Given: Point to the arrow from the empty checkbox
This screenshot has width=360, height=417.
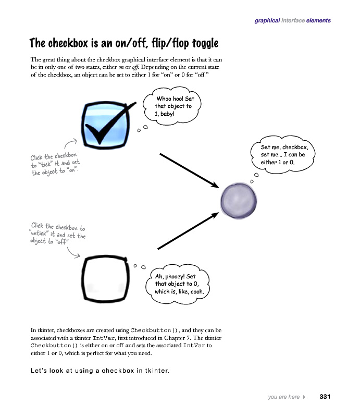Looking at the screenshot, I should point(187,231).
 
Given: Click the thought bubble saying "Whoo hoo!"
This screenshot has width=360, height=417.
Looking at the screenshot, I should point(173,106).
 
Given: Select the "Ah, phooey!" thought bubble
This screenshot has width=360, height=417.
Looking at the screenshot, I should point(178,284).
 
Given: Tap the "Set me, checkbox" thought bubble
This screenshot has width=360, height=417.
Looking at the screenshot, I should point(284,155).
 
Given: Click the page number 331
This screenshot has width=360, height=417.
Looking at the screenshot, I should point(325,397).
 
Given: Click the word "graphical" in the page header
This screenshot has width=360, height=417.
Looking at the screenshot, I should point(267,21).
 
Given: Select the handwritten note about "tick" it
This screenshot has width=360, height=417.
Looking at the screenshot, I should point(55,164).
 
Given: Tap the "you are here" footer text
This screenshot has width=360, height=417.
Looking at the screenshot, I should point(284,397).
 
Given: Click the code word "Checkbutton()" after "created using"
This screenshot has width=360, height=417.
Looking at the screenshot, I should point(155,330).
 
